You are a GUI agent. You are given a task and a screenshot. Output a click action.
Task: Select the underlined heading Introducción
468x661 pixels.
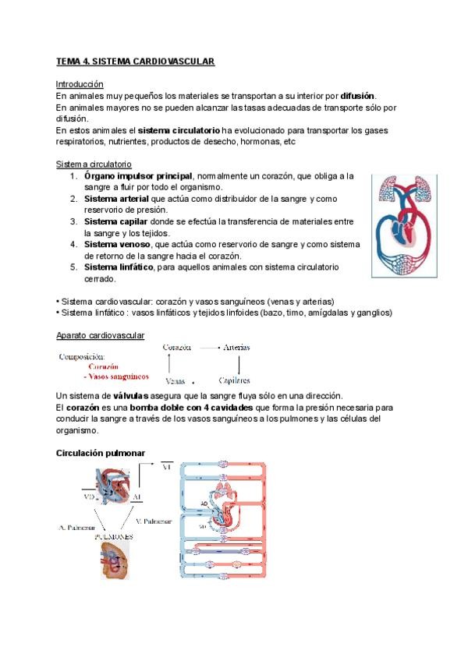pos(80,83)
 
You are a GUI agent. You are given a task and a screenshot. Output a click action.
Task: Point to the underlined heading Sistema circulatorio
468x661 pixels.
pos(94,164)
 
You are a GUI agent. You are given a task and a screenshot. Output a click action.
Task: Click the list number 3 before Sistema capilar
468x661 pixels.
pos(72,222)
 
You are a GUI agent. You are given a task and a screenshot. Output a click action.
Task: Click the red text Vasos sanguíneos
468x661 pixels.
pos(122,376)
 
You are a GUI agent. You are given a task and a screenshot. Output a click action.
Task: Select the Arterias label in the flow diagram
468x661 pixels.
pos(239,347)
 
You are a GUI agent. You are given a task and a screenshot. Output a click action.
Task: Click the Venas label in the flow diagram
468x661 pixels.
pos(175,382)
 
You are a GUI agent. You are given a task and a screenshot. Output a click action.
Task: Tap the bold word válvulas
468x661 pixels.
pos(136,396)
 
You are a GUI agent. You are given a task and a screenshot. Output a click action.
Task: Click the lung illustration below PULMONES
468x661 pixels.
pos(120,561)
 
